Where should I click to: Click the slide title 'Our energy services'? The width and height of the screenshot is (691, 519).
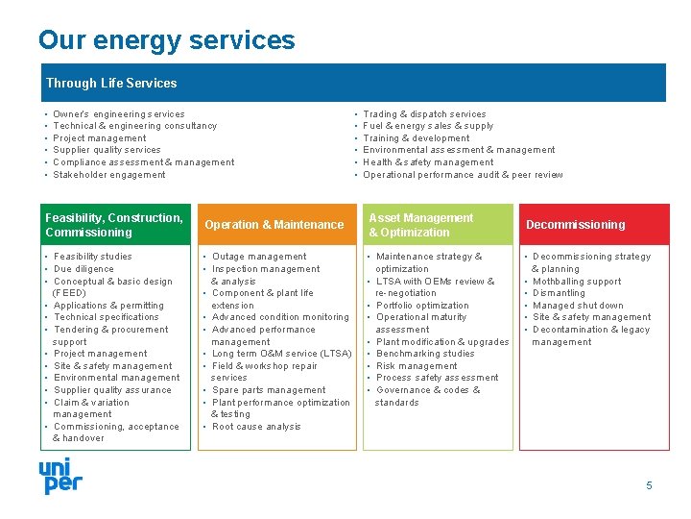(x=166, y=40)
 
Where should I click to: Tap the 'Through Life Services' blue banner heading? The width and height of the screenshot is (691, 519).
(x=111, y=84)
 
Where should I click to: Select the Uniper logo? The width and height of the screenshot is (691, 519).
(x=60, y=476)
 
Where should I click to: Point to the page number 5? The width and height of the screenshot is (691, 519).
(x=649, y=485)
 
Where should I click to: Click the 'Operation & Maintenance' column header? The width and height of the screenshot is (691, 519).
(x=274, y=225)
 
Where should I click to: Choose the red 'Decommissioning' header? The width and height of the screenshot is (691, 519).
(x=575, y=225)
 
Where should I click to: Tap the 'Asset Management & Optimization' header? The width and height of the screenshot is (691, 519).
(x=420, y=225)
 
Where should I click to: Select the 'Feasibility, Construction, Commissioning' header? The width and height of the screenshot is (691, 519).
(x=113, y=225)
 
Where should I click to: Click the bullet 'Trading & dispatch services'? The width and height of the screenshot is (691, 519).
(x=424, y=114)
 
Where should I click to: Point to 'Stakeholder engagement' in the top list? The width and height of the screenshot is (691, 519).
(x=109, y=175)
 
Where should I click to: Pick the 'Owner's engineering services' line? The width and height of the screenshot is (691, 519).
(x=119, y=114)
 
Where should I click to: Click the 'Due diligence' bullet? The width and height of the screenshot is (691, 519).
(x=83, y=269)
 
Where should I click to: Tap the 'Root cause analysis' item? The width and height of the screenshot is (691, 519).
(x=256, y=427)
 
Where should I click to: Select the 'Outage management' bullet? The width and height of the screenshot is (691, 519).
(x=259, y=257)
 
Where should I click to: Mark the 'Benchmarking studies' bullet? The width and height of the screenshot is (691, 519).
(x=425, y=354)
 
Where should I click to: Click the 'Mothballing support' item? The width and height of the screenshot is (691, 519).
(x=577, y=282)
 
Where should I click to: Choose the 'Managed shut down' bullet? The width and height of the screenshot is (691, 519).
(x=578, y=306)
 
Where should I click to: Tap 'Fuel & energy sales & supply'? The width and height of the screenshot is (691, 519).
(x=428, y=126)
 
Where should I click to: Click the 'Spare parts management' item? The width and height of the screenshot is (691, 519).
(x=269, y=390)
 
